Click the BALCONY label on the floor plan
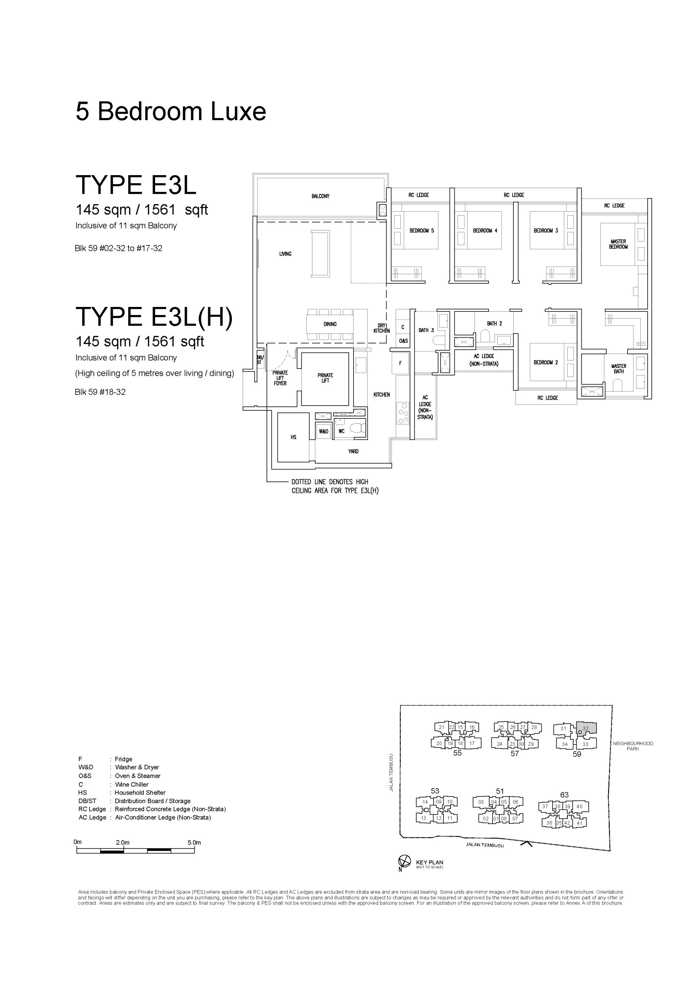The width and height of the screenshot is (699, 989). [320, 196]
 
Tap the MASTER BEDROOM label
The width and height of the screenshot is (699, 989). [618, 244]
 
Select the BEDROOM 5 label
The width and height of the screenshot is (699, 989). [422, 230]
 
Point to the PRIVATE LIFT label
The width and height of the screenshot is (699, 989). [325, 378]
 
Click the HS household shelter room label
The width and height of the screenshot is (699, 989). [293, 437]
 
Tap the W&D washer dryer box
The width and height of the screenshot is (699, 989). [323, 431]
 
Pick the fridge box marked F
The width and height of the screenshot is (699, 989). [400, 363]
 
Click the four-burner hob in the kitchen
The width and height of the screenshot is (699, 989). [403, 413]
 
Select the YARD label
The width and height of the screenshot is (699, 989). [353, 452]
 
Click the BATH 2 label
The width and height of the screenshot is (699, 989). [494, 323]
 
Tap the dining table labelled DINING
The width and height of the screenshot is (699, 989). [330, 324]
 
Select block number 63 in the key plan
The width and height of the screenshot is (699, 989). [564, 795]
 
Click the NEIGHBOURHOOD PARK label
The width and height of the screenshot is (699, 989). [633, 746]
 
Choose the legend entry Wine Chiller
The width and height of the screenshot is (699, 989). [131, 784]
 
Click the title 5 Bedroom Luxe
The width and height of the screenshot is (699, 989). [171, 111]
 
